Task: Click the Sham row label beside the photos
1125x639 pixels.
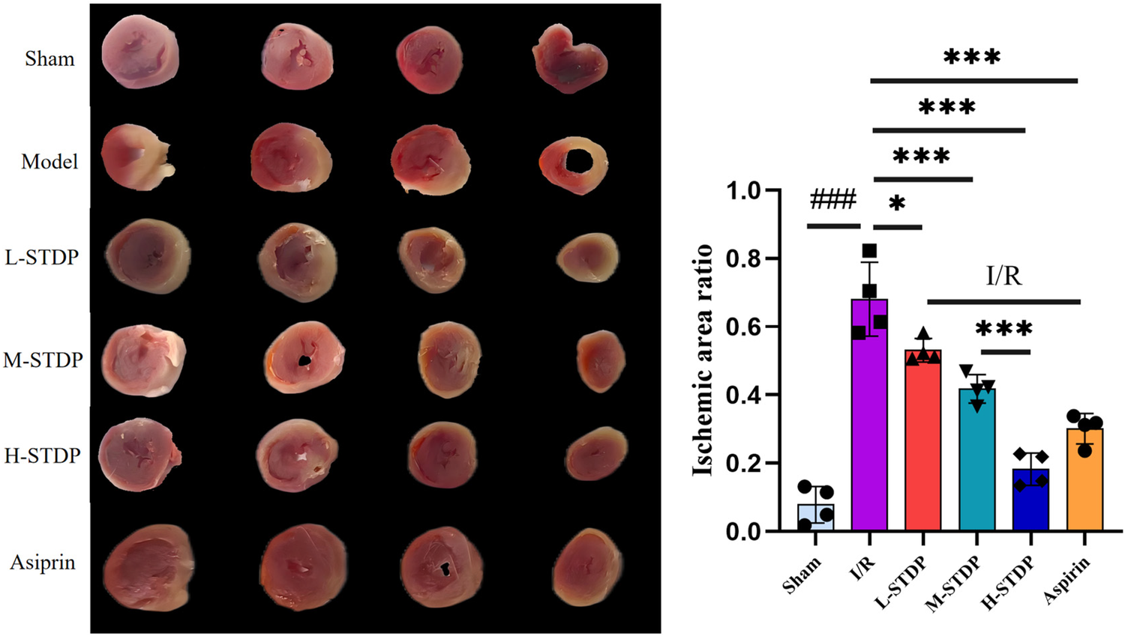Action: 49,58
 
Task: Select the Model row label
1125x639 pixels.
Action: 49,161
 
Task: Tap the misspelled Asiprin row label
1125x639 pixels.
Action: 43,562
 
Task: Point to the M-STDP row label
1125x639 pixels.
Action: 43,360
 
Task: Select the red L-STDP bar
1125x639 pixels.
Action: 923,442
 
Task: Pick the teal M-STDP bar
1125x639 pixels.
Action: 977,461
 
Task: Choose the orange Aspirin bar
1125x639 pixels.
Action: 1084,479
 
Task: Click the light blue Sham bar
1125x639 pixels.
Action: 815,518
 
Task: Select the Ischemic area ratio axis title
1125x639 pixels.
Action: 702,360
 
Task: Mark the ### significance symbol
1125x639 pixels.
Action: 833,200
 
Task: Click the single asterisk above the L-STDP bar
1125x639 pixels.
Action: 897,203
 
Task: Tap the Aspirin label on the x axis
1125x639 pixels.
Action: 1067,581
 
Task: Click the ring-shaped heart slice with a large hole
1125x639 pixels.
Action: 574,164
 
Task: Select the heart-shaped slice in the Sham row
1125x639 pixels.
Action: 569,58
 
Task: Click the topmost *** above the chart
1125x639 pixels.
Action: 972,57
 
